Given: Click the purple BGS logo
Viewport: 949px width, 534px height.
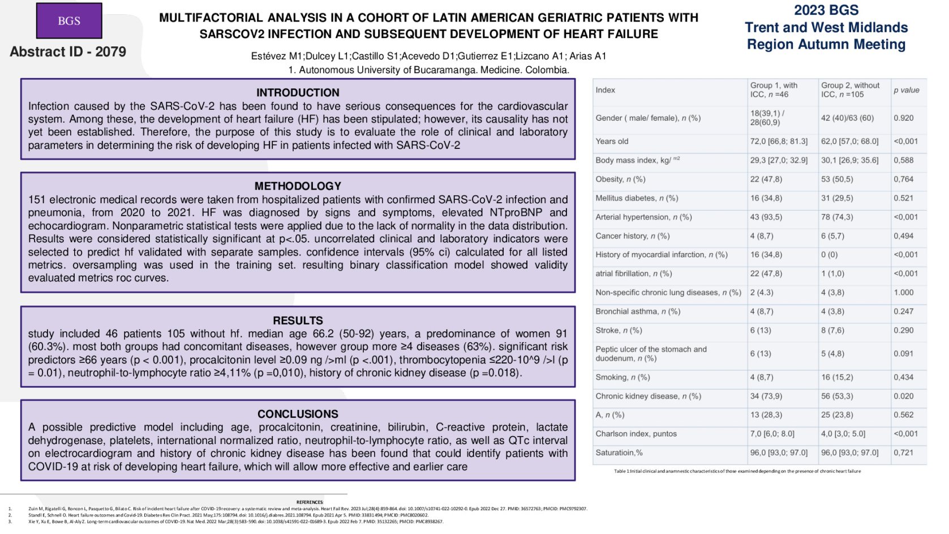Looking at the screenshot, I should point(69,21).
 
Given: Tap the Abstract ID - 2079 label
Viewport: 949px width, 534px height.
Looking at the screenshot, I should point(68,52).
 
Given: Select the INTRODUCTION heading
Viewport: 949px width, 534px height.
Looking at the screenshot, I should point(298,93).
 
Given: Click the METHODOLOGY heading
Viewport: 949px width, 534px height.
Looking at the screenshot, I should point(298,186).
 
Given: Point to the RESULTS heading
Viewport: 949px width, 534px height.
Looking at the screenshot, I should point(298,321).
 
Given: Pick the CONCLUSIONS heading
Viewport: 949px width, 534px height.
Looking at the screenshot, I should point(298,414).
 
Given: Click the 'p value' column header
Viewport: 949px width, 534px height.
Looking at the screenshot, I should point(906,90).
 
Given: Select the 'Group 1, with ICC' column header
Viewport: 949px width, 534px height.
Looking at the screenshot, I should point(774,89).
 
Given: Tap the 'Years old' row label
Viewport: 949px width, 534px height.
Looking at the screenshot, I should point(612,142).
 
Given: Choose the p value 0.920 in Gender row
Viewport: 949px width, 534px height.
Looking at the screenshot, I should point(904,118).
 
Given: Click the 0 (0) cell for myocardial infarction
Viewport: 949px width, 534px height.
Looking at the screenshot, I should point(830,255).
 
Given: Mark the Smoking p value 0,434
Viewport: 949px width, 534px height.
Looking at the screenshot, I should point(904,377).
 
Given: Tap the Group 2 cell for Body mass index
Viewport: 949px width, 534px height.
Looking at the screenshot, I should point(849,160).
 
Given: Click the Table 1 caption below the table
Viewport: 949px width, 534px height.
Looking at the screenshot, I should point(737,471).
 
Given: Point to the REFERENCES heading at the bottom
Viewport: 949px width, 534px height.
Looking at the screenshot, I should point(310,502).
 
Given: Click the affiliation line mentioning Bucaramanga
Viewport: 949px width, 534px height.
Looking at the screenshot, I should point(428,70).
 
